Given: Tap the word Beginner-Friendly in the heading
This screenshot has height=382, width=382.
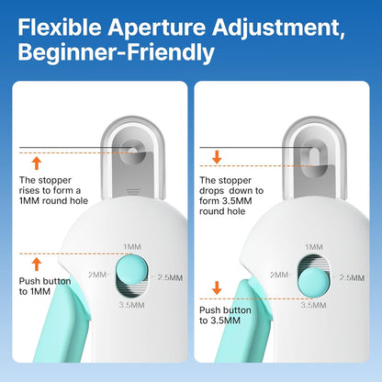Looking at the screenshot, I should click(114, 52).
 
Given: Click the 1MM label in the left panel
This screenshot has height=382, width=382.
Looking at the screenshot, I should click(131, 246).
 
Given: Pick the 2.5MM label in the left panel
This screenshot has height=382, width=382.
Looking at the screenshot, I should click(167, 277).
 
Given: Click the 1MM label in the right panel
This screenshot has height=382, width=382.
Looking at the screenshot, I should click(314, 246).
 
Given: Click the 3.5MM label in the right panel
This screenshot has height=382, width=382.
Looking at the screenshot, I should click(314, 307).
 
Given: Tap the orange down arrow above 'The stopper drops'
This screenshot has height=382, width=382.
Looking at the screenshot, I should click(218, 157).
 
